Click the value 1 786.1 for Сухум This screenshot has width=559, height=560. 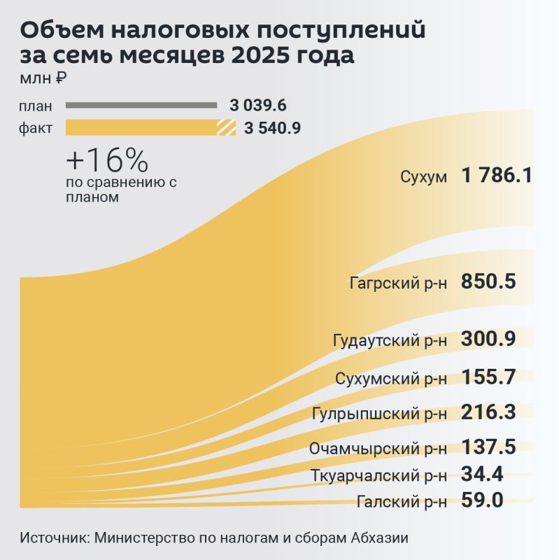tap(497, 175)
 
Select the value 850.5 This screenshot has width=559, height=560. tap(488, 282)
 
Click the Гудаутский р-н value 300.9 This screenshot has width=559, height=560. tap(488, 339)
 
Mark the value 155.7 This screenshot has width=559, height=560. tap(488, 377)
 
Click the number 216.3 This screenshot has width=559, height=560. tap(488, 412)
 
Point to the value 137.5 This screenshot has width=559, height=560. tap(488, 447)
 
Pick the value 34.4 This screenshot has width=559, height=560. tap(483, 475)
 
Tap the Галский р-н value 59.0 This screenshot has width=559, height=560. tap(483, 500)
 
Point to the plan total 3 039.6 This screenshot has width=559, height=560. tap(258, 106)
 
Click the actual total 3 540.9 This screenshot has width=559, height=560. tap(273, 128)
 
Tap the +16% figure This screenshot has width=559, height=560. tap(106, 162)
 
